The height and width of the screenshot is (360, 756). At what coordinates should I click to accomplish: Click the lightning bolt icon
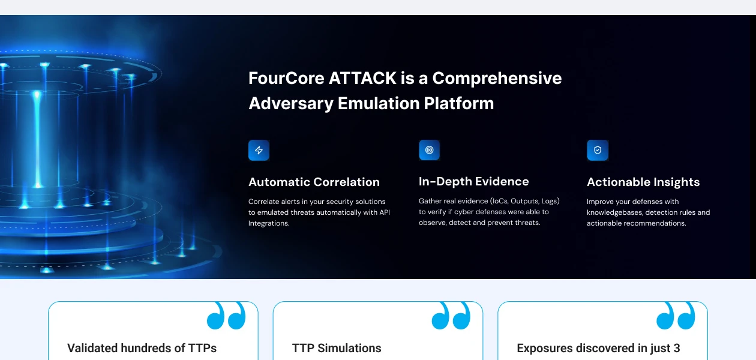[x=259, y=150]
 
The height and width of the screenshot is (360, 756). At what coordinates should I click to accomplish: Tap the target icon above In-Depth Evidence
[x=430, y=150]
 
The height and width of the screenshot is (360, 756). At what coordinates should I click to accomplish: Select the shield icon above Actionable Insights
[x=598, y=150]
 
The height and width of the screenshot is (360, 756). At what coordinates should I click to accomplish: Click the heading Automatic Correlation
[x=314, y=182]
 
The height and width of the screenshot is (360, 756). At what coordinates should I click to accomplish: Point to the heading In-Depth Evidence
[x=473, y=182]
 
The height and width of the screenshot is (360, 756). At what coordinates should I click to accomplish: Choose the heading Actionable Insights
[x=643, y=182]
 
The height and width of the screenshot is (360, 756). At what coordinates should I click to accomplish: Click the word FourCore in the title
[x=286, y=78]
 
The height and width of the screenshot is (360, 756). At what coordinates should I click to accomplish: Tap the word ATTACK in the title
[x=362, y=78]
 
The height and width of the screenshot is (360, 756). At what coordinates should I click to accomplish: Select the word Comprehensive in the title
[x=497, y=79]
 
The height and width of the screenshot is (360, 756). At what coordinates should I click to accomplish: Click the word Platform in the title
[x=458, y=103]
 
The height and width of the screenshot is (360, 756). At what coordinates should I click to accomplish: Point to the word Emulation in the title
[x=379, y=103]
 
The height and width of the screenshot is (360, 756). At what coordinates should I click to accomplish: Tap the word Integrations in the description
[x=269, y=223]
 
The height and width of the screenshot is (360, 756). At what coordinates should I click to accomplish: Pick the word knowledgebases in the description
[x=614, y=212]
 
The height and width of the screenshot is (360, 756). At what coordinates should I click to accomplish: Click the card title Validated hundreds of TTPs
[x=142, y=348]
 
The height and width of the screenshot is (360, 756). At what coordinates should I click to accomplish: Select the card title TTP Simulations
[x=337, y=348]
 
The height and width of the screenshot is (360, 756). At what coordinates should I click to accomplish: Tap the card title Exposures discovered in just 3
[x=598, y=348]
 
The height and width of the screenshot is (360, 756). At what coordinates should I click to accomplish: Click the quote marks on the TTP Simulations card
[x=451, y=316]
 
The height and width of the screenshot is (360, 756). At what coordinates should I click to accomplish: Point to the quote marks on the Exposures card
[x=676, y=316]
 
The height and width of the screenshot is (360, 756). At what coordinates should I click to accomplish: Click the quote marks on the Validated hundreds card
[x=226, y=316]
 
